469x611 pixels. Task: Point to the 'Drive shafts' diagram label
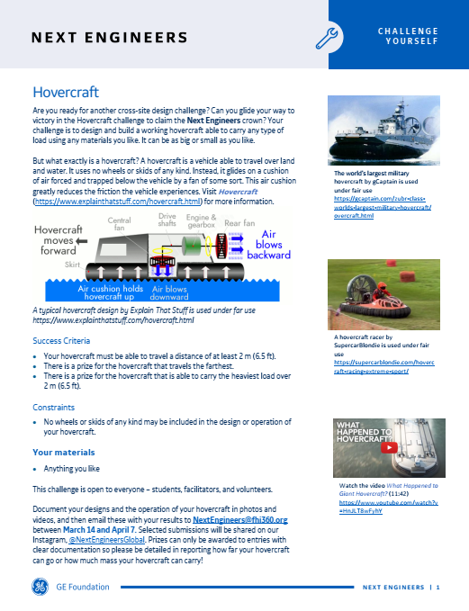(x=167, y=220)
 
